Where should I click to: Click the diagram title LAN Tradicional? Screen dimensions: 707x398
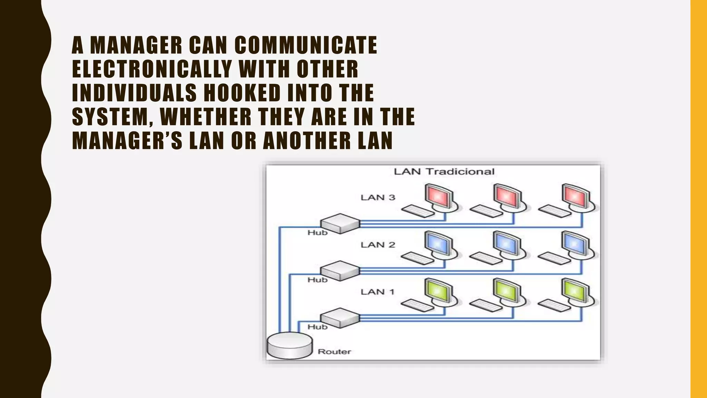click(444, 172)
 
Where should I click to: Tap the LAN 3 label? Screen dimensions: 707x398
click(378, 198)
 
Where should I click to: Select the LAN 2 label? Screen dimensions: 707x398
click(378, 245)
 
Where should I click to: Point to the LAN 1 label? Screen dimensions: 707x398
click(378, 292)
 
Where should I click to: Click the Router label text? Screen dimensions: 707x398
click(334, 352)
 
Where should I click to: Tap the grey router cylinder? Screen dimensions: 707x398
click(290, 345)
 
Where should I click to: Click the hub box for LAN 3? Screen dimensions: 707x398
click(340, 223)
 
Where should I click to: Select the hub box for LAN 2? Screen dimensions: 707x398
click(340, 271)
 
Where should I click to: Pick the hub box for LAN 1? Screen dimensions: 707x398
click(340, 318)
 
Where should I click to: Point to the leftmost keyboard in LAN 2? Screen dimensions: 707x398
click(418, 258)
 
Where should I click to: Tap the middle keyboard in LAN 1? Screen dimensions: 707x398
click(486, 305)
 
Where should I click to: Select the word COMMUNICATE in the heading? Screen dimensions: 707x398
click(306, 45)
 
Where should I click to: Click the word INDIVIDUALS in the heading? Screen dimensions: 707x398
click(134, 93)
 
